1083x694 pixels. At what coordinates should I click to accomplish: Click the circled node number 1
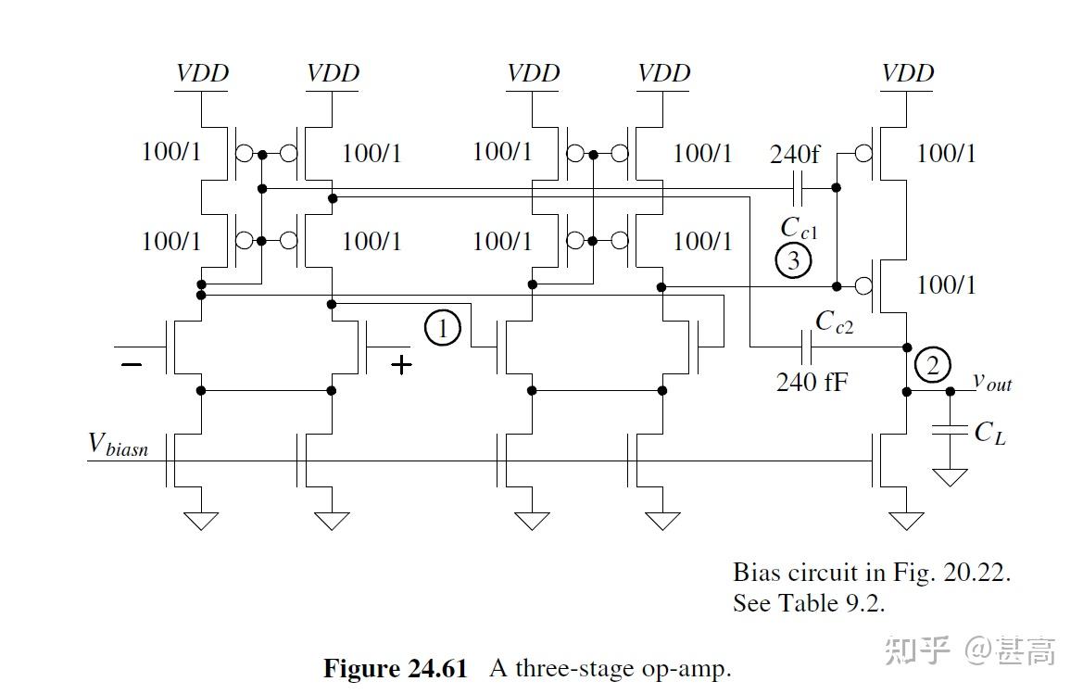click(x=443, y=328)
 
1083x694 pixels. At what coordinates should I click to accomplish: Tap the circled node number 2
click(x=932, y=365)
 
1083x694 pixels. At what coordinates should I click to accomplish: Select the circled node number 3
click(x=793, y=261)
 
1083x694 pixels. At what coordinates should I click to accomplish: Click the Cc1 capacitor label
click(x=799, y=228)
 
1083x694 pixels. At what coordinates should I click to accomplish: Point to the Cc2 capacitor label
click(x=835, y=321)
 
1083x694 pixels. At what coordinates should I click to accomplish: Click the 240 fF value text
click(x=811, y=381)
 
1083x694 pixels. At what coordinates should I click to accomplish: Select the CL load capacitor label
click(x=989, y=432)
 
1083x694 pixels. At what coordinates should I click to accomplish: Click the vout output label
click(x=992, y=381)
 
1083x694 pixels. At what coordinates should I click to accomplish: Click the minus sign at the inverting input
click(x=132, y=365)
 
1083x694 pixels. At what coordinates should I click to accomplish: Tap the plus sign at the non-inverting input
click(x=401, y=365)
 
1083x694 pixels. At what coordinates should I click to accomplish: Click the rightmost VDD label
click(x=908, y=72)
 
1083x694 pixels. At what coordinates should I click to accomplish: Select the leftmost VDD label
click(x=202, y=72)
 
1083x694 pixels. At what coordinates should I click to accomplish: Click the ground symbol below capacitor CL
click(x=950, y=477)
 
